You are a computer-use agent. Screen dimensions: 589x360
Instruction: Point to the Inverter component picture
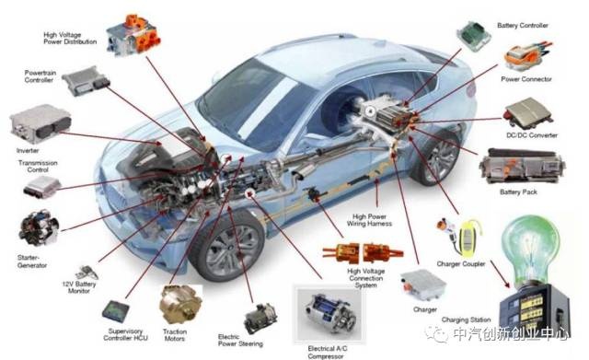click(x=35, y=126)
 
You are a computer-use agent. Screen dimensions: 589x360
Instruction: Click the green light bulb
click(x=537, y=249)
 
